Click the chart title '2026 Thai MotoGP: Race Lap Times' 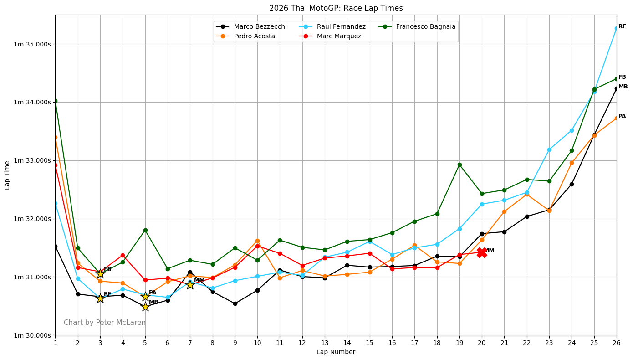click(336, 8)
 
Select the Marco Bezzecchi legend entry click(260, 26)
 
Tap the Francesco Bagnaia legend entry click(425, 26)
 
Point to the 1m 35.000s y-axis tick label click(32, 44)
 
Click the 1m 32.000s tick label click(32, 219)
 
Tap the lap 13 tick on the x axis click(325, 342)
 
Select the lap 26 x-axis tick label click(616, 342)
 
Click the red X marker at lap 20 click(482, 252)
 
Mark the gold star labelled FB click(100, 273)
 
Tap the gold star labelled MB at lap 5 click(145, 306)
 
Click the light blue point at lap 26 click(616, 28)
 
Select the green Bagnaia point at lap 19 click(459, 165)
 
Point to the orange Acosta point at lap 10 click(257, 241)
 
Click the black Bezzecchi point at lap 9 click(235, 303)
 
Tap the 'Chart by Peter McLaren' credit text click(105, 323)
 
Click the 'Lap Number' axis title click(336, 352)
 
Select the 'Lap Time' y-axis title click(7, 175)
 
